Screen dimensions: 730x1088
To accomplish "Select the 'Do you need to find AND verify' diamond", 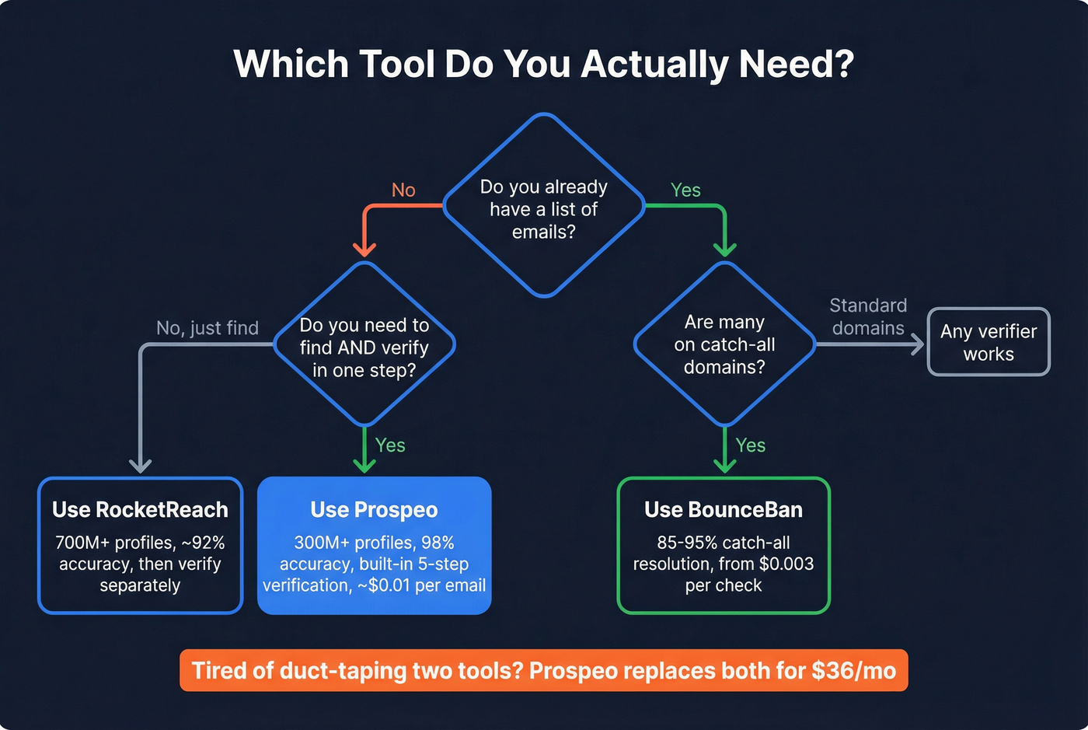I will click(x=364, y=347).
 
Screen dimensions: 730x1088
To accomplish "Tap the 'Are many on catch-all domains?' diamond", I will click(x=724, y=344).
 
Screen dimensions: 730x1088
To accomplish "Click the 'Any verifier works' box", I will click(x=989, y=342).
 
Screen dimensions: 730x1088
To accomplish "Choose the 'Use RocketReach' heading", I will click(x=140, y=510).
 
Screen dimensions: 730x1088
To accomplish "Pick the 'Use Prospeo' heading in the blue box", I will click(x=374, y=510).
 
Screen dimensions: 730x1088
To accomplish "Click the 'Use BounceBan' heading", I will click(x=724, y=510).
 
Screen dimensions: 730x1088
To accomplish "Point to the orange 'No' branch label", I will click(x=403, y=190).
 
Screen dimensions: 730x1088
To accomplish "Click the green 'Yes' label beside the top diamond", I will click(x=685, y=190).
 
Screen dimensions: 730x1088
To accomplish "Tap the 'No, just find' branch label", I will click(x=207, y=328).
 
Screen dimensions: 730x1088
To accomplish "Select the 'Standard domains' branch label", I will click(x=868, y=316).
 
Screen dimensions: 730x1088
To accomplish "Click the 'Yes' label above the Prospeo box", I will click(x=390, y=445).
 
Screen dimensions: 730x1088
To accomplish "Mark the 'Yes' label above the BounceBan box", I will click(x=751, y=445).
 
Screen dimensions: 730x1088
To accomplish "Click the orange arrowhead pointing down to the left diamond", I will click(x=364, y=249).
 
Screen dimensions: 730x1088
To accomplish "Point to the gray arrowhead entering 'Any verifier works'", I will click(x=917, y=344).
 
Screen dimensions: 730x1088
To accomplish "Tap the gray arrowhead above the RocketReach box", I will click(x=140, y=465).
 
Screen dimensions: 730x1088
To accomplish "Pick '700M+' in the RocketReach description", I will click(x=82, y=543).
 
